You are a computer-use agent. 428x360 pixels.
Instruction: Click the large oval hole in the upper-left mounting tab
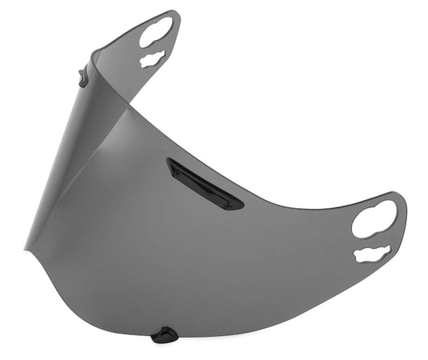coord(155,32)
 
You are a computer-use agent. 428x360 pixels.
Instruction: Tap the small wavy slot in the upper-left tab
coord(152,59)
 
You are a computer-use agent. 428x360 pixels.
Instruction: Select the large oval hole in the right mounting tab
coord(374,218)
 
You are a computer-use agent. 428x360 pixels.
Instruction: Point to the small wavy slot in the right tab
coord(372,254)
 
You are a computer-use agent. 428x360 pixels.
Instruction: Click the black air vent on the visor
coord(204,183)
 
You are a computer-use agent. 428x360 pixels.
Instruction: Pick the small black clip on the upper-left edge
coord(83,78)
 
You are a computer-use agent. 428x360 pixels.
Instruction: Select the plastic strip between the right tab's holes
coord(374,239)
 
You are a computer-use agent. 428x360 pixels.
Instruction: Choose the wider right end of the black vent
coord(234,203)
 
